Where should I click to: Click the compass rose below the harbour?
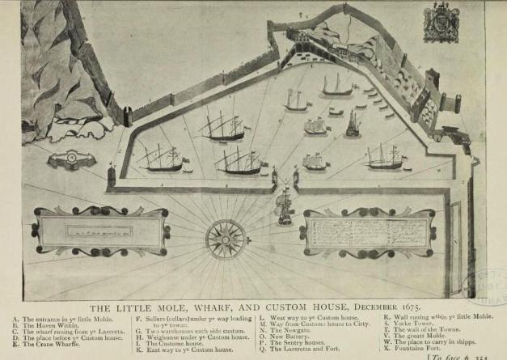pos(226,238)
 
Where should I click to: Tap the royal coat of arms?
pos(441,23)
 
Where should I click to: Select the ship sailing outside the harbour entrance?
pos(284,206)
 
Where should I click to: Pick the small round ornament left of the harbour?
pos(71,159)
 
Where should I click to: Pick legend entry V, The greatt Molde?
pos(416,337)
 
